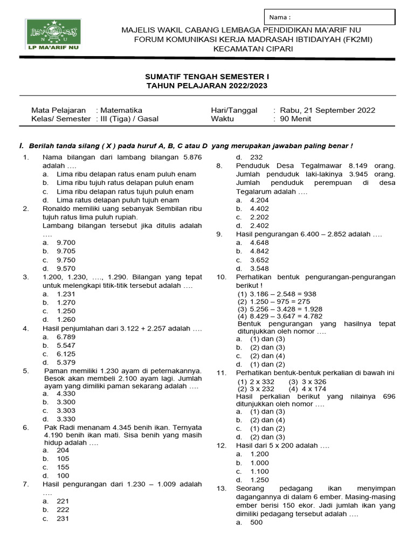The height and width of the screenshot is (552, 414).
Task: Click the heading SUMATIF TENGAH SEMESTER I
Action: coord(207,77)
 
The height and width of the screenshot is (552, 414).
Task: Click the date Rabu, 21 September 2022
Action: coord(327,110)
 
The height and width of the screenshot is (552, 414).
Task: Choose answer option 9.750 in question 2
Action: coord(66,260)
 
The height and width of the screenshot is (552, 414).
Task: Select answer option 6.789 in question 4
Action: coord(66,337)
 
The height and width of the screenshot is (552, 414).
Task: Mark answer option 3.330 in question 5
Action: coord(66,419)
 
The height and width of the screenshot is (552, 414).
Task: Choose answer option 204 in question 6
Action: coord(63,450)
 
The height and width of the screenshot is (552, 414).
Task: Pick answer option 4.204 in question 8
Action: coord(259,200)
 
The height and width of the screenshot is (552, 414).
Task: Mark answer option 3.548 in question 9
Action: coord(259,268)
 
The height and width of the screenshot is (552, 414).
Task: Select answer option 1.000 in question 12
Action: coord(259,463)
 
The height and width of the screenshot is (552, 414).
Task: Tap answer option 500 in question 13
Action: coord(256,522)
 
